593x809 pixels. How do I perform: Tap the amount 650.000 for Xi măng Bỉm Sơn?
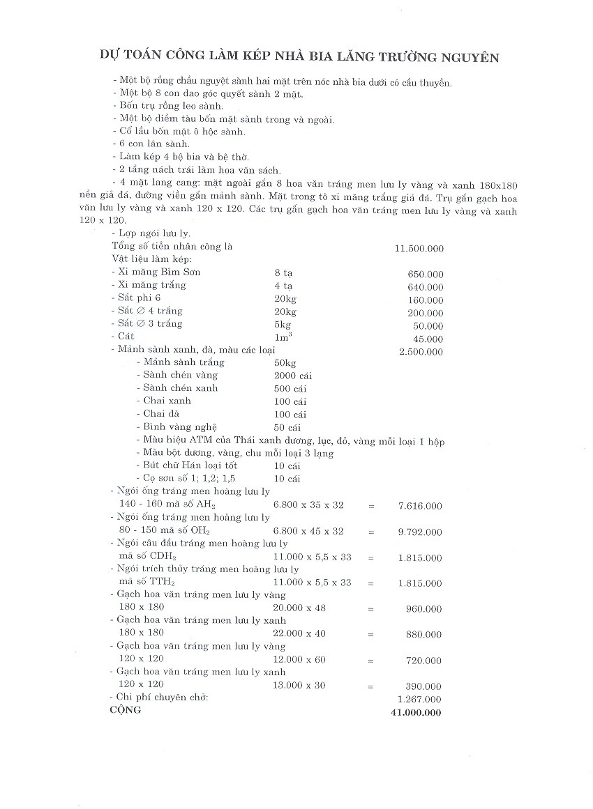click(425, 275)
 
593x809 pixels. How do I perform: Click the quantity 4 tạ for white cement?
click(283, 286)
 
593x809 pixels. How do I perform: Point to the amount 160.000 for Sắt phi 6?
click(425, 300)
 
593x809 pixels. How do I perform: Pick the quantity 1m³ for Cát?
click(283, 337)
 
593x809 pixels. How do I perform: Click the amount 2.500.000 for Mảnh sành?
click(421, 352)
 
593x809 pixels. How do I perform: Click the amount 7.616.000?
click(420, 507)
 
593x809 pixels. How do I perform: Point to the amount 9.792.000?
click(420, 532)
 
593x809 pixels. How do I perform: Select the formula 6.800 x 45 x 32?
click(309, 531)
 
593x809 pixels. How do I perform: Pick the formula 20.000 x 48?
click(301, 608)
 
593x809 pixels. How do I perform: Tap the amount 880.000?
click(424, 634)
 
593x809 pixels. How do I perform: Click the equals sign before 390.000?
click(370, 686)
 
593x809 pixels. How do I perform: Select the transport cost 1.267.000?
click(420, 699)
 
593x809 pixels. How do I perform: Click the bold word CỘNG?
click(126, 710)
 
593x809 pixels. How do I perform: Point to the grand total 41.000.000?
click(417, 712)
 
